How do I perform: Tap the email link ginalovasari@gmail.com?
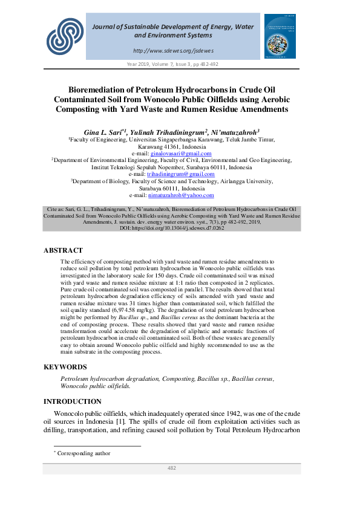(x=179, y=154)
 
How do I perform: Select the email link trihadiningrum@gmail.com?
(x=180, y=174)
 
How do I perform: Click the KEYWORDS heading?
(x=65, y=367)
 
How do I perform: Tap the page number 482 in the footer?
(x=172, y=468)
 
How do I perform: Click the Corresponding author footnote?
(x=84, y=453)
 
